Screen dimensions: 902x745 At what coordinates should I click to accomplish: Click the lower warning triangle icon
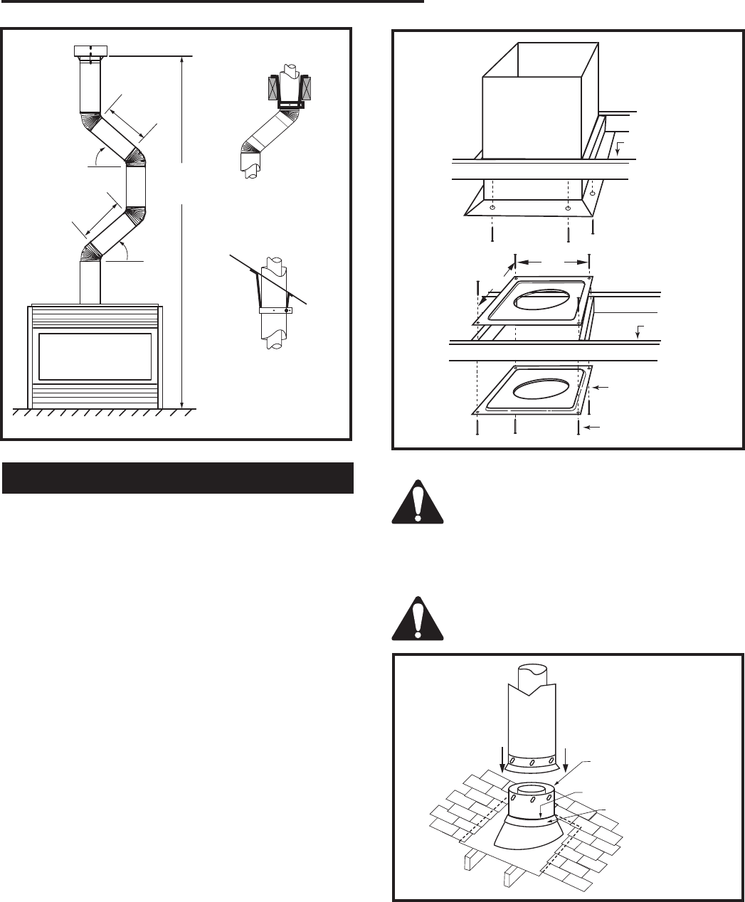coord(417,612)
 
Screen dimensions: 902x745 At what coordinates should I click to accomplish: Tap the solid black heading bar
coord(178,477)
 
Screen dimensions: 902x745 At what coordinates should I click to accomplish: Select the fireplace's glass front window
coord(95,356)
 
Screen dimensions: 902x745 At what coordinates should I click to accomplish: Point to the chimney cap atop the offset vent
coord(91,52)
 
